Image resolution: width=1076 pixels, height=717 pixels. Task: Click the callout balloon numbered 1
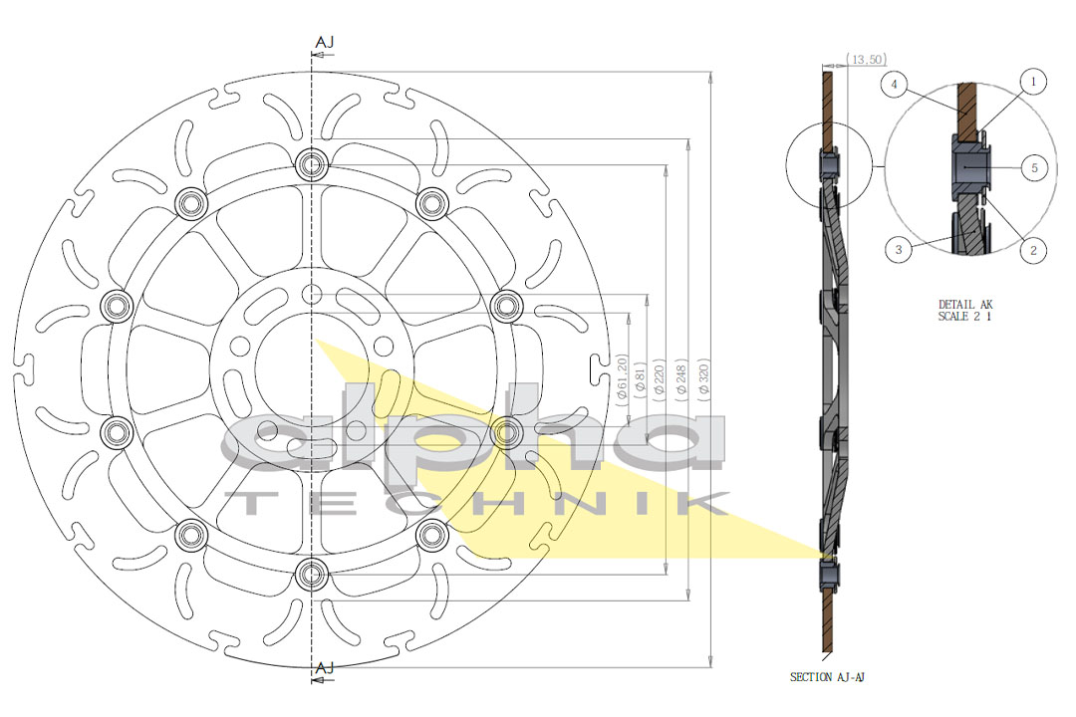pyautogui.click(x=1033, y=81)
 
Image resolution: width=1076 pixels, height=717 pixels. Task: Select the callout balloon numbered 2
pyautogui.click(x=1033, y=251)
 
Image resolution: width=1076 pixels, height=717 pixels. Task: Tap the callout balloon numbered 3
pyautogui.click(x=899, y=250)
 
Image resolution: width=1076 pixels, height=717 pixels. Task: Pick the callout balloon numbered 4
pyautogui.click(x=896, y=86)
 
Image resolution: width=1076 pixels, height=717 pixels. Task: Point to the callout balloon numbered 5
pyautogui.click(x=1034, y=168)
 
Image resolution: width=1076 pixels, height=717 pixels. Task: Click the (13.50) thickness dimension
pyautogui.click(x=865, y=61)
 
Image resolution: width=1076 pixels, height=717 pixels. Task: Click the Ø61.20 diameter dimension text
pyautogui.click(x=622, y=376)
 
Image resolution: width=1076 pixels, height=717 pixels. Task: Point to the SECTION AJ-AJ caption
pyautogui.click(x=828, y=677)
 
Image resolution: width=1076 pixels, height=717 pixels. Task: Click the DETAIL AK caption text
pyautogui.click(x=965, y=304)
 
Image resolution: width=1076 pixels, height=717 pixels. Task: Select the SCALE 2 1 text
pyautogui.click(x=965, y=317)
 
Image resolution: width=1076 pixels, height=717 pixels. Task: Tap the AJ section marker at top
pyautogui.click(x=324, y=42)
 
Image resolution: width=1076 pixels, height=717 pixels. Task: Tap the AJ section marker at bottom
pyautogui.click(x=324, y=668)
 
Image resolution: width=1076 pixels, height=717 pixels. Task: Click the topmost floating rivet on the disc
pyautogui.click(x=312, y=164)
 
